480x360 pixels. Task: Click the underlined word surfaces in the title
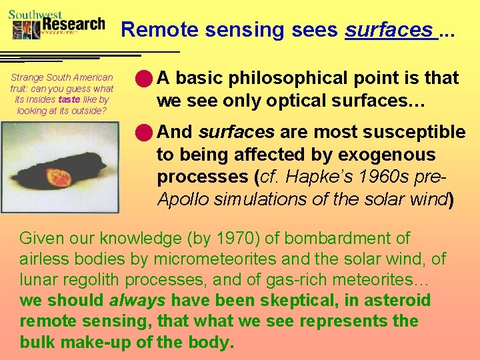point(389,30)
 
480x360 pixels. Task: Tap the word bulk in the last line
point(37,343)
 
